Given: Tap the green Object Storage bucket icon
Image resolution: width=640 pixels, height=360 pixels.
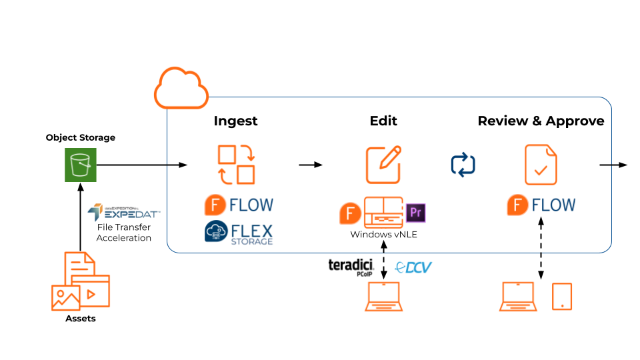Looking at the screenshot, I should click(81, 165).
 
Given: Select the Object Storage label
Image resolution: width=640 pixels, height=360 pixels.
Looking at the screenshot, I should click(81, 137).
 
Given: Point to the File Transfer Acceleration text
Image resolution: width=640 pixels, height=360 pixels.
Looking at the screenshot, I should click(123, 233).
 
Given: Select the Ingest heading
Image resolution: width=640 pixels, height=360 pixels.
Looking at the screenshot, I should click(235, 121).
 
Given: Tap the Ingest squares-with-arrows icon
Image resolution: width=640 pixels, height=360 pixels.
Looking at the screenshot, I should click(236, 165).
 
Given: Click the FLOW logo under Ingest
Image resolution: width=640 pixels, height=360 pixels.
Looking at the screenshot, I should click(238, 205).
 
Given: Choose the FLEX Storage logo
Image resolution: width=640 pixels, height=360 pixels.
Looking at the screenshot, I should click(238, 233).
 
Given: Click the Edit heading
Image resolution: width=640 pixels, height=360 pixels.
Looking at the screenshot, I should click(383, 121).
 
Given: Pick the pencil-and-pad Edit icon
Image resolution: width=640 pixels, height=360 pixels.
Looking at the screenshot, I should click(383, 165).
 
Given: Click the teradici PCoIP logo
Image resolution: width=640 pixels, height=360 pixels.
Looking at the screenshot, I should click(353, 267).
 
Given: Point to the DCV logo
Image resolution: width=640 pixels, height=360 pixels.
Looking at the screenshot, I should click(414, 267).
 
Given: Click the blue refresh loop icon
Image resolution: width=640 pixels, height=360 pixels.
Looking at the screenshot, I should click(463, 165).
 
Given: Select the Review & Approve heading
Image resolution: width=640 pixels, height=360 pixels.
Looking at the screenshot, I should click(541, 121).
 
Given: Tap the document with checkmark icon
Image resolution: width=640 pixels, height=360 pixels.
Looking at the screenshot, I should click(541, 165).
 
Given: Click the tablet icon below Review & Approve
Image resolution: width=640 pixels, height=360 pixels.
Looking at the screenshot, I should click(562, 297).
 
